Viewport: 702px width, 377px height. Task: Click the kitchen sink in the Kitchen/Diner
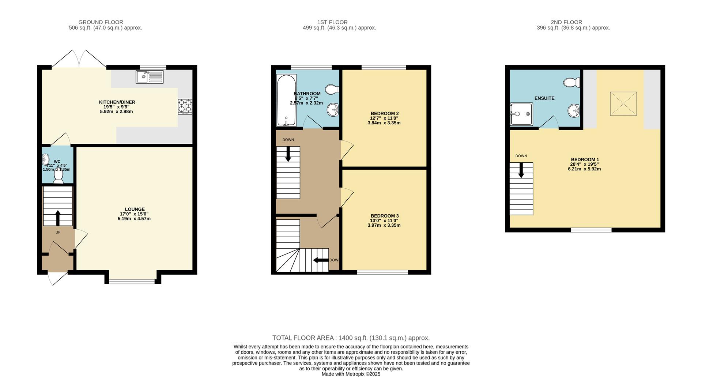150,77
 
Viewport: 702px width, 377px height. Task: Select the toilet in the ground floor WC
58,176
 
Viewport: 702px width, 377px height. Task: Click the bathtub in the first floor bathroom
286,100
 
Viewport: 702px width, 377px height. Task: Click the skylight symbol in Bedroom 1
623,104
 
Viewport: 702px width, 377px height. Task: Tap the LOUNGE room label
135,210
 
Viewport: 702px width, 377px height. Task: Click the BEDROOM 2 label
384,113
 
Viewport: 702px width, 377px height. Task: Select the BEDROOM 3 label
384,216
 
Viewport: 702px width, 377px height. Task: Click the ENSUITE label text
544,98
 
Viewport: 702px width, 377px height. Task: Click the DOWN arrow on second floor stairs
521,170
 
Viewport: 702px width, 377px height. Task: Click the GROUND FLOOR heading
101,22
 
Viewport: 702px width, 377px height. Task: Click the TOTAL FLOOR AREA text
351,338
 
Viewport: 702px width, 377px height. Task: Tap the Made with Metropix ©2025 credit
351,374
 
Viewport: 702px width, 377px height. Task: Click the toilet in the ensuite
572,83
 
